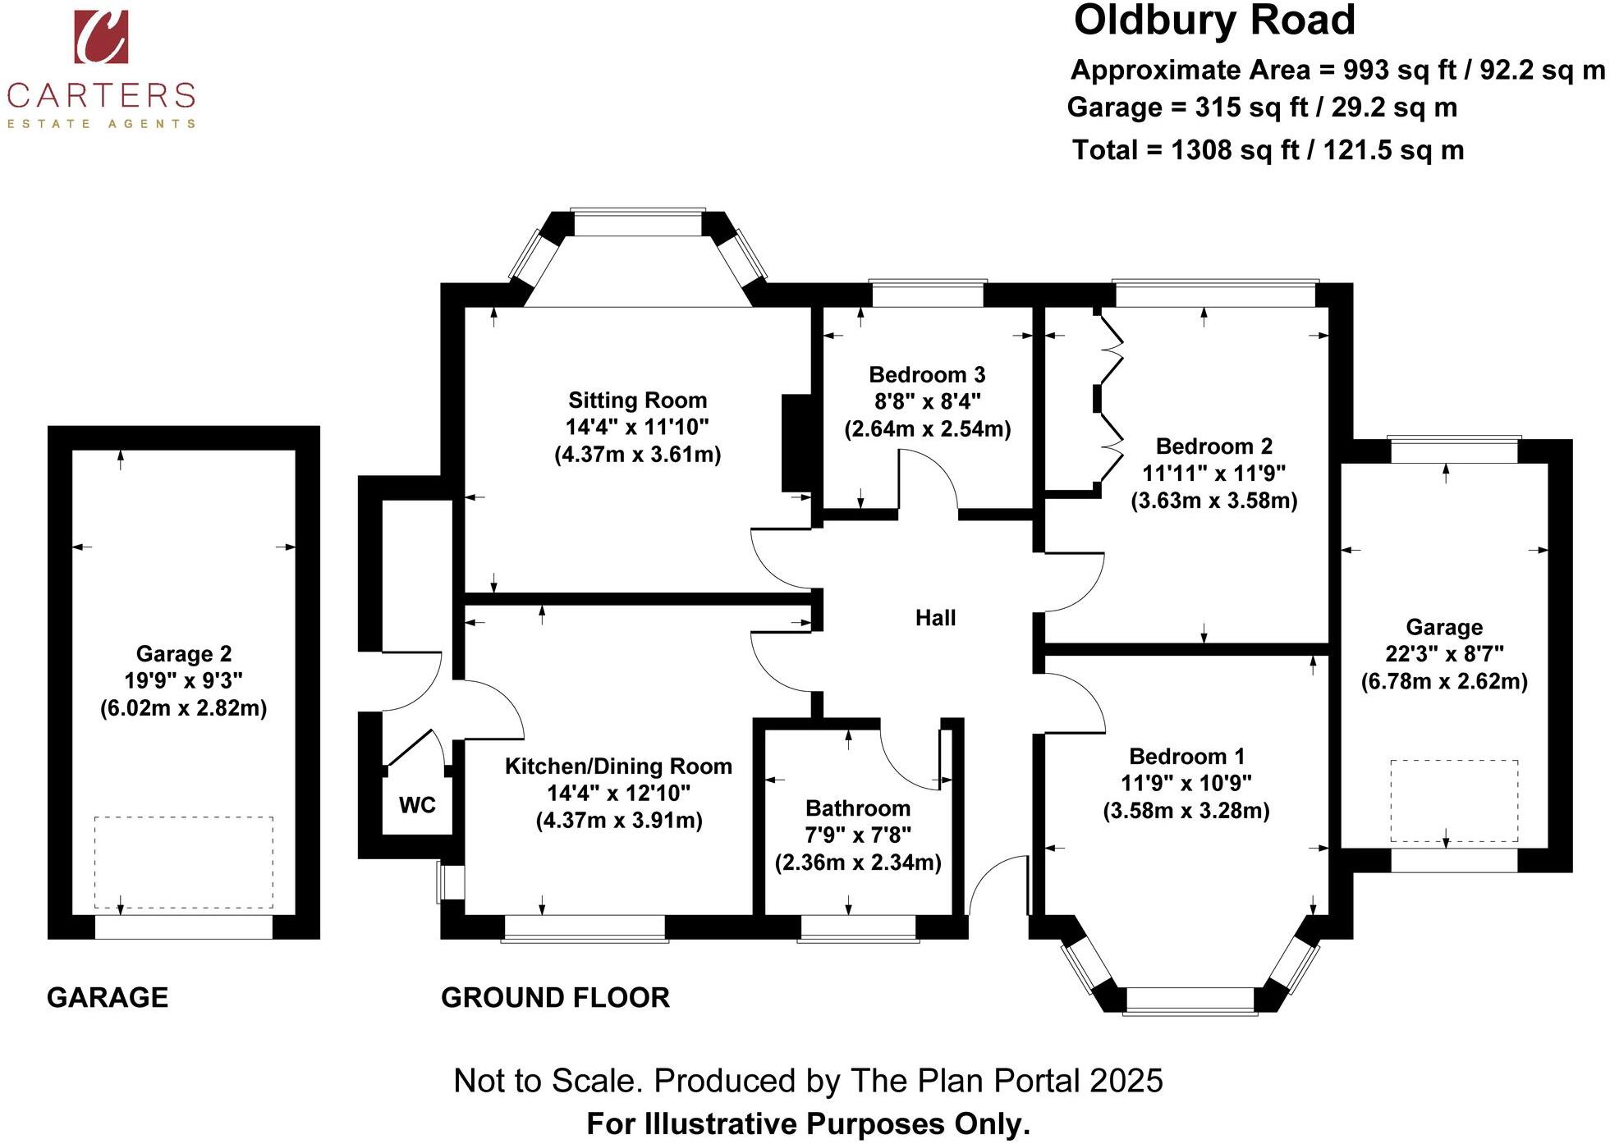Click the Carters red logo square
101,37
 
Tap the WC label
417,805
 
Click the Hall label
935,618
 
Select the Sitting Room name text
637,400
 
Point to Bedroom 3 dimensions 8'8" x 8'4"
927,401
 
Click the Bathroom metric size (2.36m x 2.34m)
858,863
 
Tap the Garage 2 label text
184,654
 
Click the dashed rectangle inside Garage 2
184,862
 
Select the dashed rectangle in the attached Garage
1453,801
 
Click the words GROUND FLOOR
555,998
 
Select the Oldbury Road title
1214,21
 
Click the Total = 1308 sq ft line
1268,150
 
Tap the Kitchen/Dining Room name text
618,766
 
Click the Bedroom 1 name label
1186,757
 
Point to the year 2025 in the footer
1126,1081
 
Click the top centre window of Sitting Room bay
638,223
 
